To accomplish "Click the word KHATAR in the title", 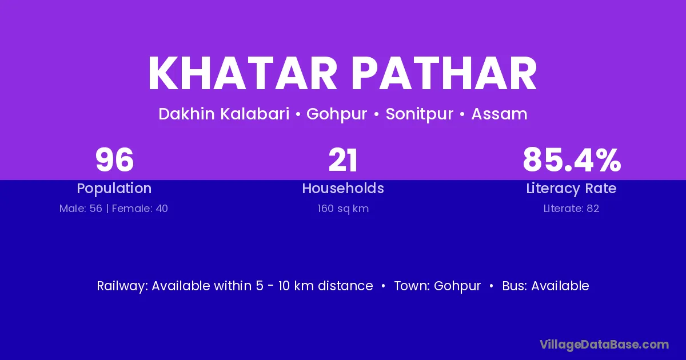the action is coord(242,74).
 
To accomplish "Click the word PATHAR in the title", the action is coord(444,74).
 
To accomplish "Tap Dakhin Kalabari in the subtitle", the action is coord(224,114).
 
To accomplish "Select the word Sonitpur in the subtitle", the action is coord(419,114).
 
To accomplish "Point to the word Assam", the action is coord(499,114).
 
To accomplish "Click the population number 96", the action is coord(114,160).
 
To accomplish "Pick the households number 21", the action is coord(342,160).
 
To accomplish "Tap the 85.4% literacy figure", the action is coord(572,160).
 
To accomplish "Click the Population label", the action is coord(114,189).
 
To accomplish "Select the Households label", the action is coord(343,188).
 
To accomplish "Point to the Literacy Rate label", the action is coord(571,189).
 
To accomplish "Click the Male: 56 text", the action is coord(81,209).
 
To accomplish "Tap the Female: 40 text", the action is coord(140,209).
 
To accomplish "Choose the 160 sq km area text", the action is coord(343,209).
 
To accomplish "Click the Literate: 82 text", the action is coord(571,209).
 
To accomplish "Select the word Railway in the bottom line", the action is coord(122,286).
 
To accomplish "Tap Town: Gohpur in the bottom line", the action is coord(437,286).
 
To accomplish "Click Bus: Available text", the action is coord(545,286).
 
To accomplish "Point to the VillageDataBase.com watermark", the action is coord(604,345).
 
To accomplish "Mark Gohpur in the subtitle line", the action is coord(337,114).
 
